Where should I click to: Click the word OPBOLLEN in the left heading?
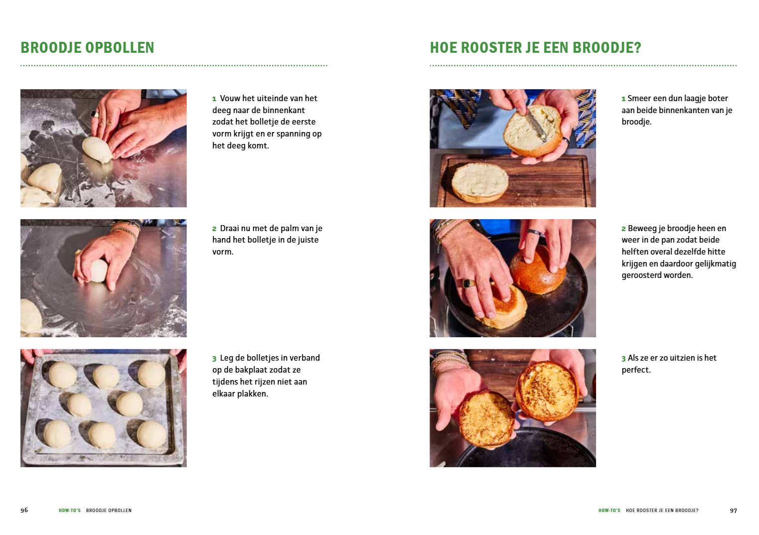pos(120,48)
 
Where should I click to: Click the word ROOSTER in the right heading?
pos(488,48)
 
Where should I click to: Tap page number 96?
pos(24,510)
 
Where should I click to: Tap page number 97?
pos(733,510)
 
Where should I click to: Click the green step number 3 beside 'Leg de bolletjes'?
pos(214,358)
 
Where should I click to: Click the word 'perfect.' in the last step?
pos(636,370)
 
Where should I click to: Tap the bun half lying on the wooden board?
pos(479,181)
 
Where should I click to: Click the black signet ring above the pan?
pos(469,283)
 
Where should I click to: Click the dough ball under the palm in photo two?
pos(98,270)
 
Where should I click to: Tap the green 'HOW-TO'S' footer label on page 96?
pos(69,511)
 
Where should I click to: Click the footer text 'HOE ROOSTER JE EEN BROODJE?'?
pos(662,511)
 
